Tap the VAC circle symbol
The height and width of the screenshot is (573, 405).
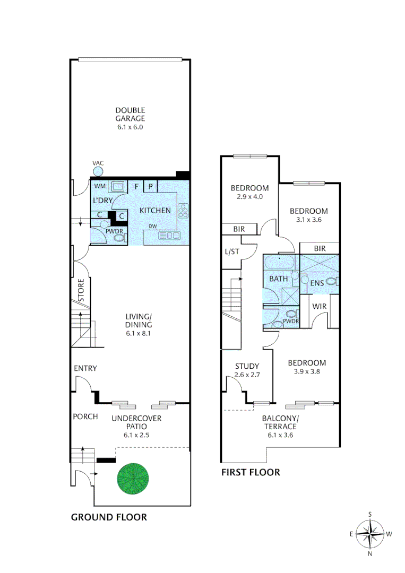[x=98, y=171]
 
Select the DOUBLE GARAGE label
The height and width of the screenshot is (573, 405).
[x=130, y=115]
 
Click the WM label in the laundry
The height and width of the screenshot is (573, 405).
[x=100, y=186]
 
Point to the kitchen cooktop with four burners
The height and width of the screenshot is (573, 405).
[x=184, y=211]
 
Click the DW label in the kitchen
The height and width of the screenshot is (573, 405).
[x=153, y=227]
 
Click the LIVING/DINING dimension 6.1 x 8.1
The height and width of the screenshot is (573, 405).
[x=139, y=334]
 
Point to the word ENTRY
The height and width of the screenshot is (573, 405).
[x=85, y=368]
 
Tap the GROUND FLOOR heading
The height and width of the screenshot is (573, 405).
[x=109, y=517]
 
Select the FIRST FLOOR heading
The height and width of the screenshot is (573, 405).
[x=251, y=472]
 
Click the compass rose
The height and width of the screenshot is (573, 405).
[x=369, y=534]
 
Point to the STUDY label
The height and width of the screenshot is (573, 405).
[x=247, y=366]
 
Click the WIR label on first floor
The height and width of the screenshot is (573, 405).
[x=318, y=306]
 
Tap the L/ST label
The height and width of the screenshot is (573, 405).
[x=232, y=253]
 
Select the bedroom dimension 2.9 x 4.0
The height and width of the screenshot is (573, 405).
[x=249, y=197]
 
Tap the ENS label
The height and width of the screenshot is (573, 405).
[x=317, y=283]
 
